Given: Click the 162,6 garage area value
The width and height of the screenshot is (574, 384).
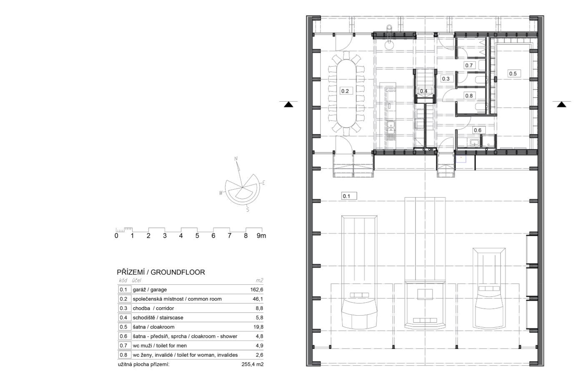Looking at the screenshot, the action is point(257,290).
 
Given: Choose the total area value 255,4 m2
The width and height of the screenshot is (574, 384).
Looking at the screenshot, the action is point(253,364).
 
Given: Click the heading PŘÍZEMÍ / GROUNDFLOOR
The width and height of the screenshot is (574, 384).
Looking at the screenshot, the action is point(161,272).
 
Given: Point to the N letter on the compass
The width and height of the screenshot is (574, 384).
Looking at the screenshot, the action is point(236,159).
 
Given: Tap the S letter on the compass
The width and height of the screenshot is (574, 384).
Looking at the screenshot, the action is point(248,210).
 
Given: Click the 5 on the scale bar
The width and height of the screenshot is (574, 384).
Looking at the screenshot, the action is point(197,236).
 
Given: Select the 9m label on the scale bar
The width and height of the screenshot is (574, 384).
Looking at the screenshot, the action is point(261,236).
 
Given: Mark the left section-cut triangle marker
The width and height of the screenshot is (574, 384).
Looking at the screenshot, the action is point(288,104).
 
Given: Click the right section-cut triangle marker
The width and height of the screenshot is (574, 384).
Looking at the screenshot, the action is point(561,104).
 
